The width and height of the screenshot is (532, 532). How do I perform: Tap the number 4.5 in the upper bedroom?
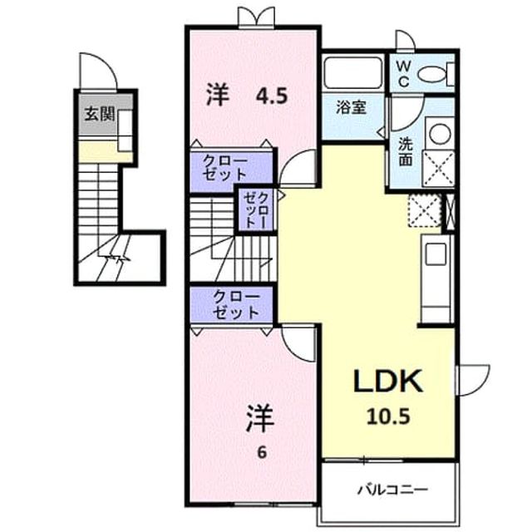[x=272, y=96]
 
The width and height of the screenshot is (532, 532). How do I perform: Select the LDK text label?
[x=388, y=381]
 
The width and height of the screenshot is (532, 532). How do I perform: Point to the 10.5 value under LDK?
[x=388, y=416]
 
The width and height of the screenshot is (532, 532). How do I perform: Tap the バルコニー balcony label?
[x=393, y=490]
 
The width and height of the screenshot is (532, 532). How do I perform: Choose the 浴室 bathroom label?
[x=351, y=107]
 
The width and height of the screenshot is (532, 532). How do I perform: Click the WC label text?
[x=402, y=72]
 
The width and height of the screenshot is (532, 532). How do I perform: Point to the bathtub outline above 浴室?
[x=353, y=73]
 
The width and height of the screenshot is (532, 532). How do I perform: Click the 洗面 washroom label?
[x=406, y=152]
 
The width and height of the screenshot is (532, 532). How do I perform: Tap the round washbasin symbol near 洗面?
[x=440, y=133]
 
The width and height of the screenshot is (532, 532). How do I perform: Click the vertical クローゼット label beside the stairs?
[x=257, y=209]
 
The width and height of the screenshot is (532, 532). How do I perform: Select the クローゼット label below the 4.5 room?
[x=225, y=168]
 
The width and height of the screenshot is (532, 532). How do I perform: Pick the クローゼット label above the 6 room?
[x=236, y=305]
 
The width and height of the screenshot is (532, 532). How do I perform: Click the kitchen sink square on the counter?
[x=436, y=254]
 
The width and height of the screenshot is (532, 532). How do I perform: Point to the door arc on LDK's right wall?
[x=480, y=383]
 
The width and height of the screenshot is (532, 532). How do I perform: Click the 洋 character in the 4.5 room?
[x=219, y=96]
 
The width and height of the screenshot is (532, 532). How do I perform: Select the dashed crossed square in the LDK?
[x=425, y=210]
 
